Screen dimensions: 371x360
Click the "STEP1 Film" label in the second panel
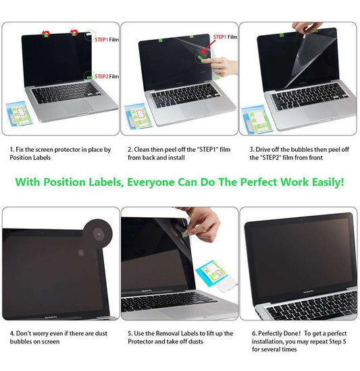(x=225, y=36)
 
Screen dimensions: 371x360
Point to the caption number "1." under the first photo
(x=11, y=149)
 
